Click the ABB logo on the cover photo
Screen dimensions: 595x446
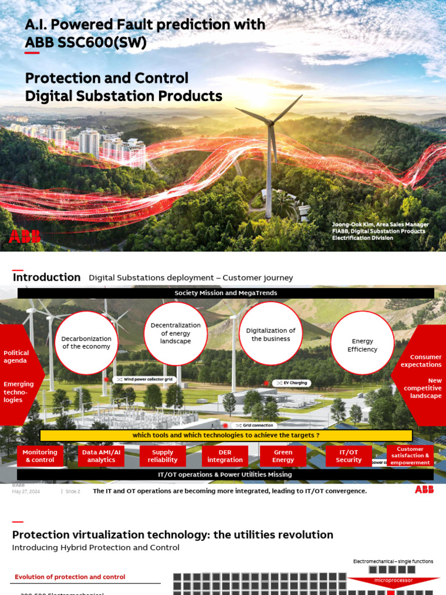[24, 236]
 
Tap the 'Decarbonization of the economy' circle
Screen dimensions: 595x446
[87, 343]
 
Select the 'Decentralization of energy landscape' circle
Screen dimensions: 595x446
[175, 334]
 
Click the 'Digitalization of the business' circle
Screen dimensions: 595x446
[271, 334]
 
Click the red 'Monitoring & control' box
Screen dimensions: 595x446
[40, 456]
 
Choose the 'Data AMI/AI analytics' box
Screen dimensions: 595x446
[102, 456]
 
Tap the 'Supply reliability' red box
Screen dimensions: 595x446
[163, 456]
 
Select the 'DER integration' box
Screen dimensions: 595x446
[225, 456]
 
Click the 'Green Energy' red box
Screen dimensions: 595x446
[283, 456]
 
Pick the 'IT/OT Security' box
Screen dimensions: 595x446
[348, 456]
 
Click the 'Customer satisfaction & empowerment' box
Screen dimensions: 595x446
[410, 456]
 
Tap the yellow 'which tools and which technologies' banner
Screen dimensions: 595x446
[226, 435]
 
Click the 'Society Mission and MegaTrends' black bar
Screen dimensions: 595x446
[226, 293]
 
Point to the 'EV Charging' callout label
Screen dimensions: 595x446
[293, 383]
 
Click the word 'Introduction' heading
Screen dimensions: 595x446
[46, 277]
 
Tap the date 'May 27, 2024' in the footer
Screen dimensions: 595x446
[26, 491]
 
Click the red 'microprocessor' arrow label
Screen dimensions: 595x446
[393, 580]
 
